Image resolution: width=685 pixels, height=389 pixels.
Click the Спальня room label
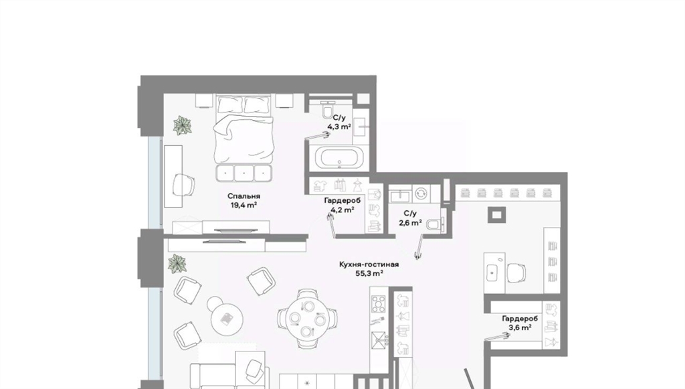243,196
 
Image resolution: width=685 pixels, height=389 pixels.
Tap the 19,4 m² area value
243,205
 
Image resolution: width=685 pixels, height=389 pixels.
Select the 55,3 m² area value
369,273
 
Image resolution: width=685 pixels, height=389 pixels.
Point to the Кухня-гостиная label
369,264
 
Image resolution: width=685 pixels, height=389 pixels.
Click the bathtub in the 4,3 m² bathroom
340,158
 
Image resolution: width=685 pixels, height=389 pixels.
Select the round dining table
308,318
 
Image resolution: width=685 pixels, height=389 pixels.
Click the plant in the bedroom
182,125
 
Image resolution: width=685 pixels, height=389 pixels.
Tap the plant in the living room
177,264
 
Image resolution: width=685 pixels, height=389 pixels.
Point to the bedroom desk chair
183,185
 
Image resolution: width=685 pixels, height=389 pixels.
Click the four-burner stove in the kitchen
379,304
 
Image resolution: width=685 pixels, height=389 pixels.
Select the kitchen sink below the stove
379,339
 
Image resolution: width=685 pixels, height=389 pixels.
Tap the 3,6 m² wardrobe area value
520,327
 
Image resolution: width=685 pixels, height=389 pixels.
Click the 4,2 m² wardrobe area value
342,210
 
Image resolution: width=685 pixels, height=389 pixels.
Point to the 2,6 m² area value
410,222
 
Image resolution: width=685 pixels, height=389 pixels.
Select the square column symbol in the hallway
497,215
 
